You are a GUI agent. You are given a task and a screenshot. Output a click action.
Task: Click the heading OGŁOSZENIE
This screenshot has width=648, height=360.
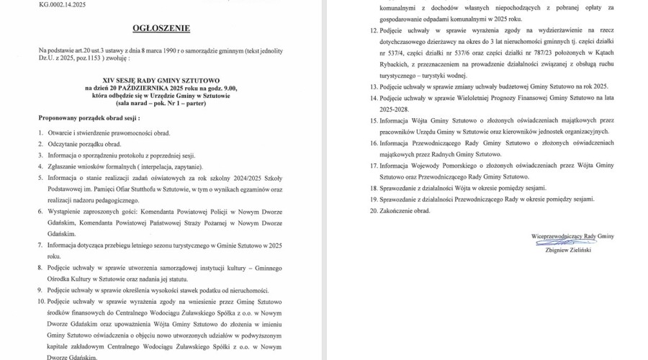point(161,28)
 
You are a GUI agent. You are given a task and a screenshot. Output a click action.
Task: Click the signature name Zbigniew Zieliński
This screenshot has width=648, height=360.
point(572,248)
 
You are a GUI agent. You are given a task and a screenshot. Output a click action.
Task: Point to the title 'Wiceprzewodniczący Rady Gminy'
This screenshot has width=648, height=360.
point(572,236)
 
